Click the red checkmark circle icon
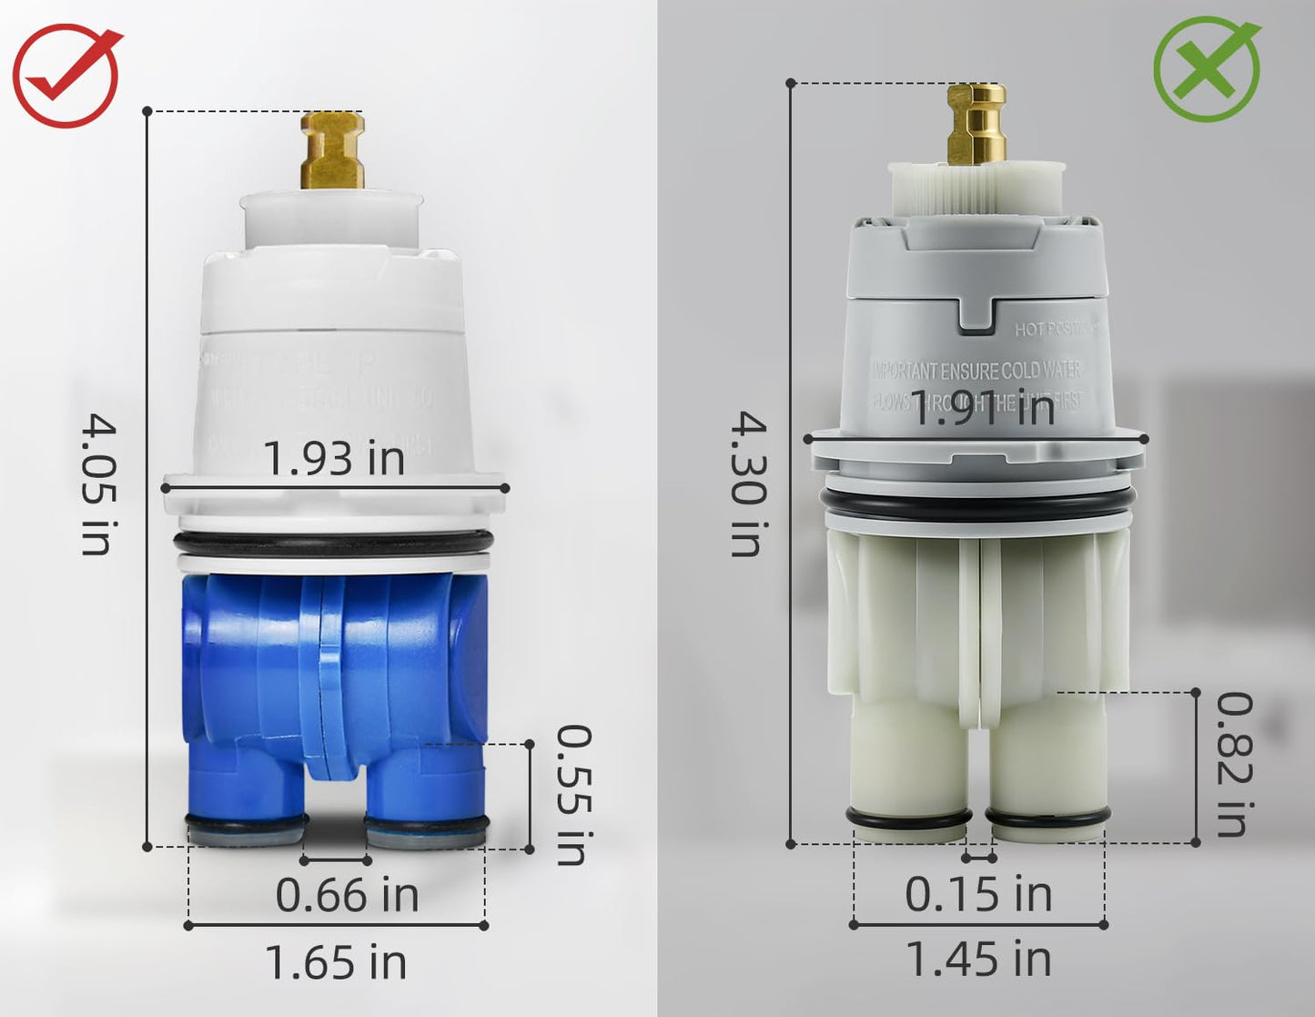coord(66,75)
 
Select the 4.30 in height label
coord(749,483)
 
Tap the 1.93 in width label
coord(334,458)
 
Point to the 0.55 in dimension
coord(573,794)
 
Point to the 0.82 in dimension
coord(1234,765)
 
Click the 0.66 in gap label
coord(347,895)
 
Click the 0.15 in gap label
coord(978,894)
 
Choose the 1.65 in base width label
coord(335,962)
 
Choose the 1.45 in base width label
coord(978,959)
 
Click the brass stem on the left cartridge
coord(333,150)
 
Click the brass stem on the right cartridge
coord(976,124)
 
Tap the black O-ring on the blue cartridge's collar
coord(334,544)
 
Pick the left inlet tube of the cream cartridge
coord(906,765)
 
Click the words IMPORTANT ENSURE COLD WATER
coord(976,371)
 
